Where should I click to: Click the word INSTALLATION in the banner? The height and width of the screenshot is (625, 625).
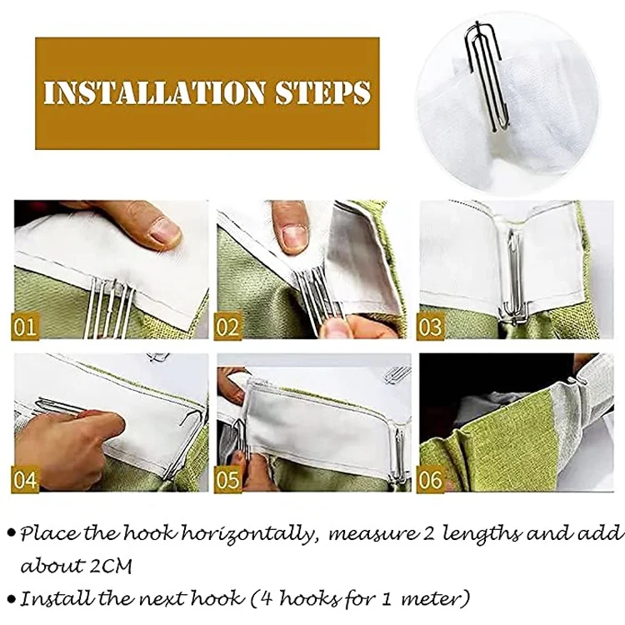(154, 92)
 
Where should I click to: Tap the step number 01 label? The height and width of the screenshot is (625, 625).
(25, 326)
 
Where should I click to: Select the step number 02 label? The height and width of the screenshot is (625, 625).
(227, 326)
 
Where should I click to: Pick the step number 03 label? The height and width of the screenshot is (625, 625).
(430, 326)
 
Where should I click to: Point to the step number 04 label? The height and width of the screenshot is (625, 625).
(25, 478)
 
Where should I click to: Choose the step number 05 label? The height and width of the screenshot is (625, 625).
(227, 478)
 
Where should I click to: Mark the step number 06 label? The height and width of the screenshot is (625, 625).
(430, 478)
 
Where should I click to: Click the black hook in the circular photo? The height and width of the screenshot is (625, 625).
(483, 76)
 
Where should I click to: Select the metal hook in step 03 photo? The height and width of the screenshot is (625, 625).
(515, 279)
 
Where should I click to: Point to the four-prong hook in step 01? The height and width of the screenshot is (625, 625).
(109, 307)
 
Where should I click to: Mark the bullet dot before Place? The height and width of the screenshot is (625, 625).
(12, 533)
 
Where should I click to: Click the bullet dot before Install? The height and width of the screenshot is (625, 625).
(12, 598)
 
